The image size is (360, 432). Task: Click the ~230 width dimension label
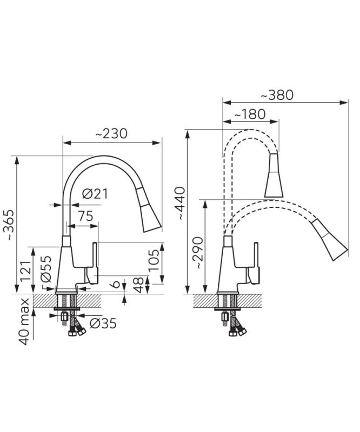click(111, 134)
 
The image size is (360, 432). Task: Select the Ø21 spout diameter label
click(95, 194)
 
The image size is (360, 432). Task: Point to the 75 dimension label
click(85, 217)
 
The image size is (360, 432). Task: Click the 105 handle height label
click(154, 260)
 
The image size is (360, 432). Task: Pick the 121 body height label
click(25, 271)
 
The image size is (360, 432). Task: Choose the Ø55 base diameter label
click(46, 268)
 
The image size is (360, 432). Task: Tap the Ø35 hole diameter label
click(103, 323)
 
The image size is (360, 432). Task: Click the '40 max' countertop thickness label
click(24, 321)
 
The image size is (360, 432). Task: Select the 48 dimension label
click(138, 285)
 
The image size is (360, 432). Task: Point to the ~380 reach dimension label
click(277, 96)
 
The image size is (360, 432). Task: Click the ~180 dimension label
click(250, 114)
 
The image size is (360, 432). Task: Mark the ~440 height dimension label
click(181, 204)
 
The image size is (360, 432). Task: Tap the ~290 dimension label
click(198, 253)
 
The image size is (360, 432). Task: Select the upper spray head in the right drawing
click(274, 175)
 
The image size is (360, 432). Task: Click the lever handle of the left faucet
click(92, 264)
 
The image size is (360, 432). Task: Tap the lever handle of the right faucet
click(254, 264)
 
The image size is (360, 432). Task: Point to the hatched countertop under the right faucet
click(228, 301)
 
